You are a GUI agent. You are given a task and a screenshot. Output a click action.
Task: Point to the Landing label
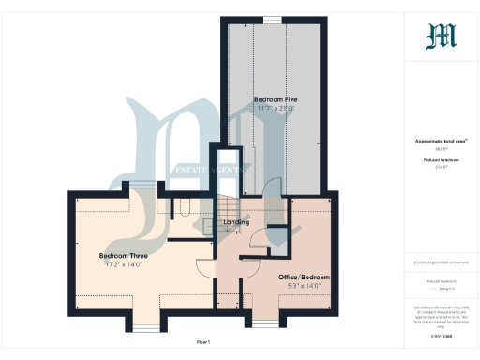[236, 222]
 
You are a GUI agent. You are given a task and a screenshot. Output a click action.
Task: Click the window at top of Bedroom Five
[273, 20]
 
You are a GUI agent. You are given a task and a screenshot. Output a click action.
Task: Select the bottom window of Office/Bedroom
[266, 324]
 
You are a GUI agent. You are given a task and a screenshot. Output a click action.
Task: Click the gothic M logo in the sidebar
[442, 37]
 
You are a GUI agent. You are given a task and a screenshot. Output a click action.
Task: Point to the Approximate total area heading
[441, 141]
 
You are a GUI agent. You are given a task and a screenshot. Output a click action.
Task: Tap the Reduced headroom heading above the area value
[441, 160]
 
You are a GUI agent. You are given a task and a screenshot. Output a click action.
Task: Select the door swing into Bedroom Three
[203, 265]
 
